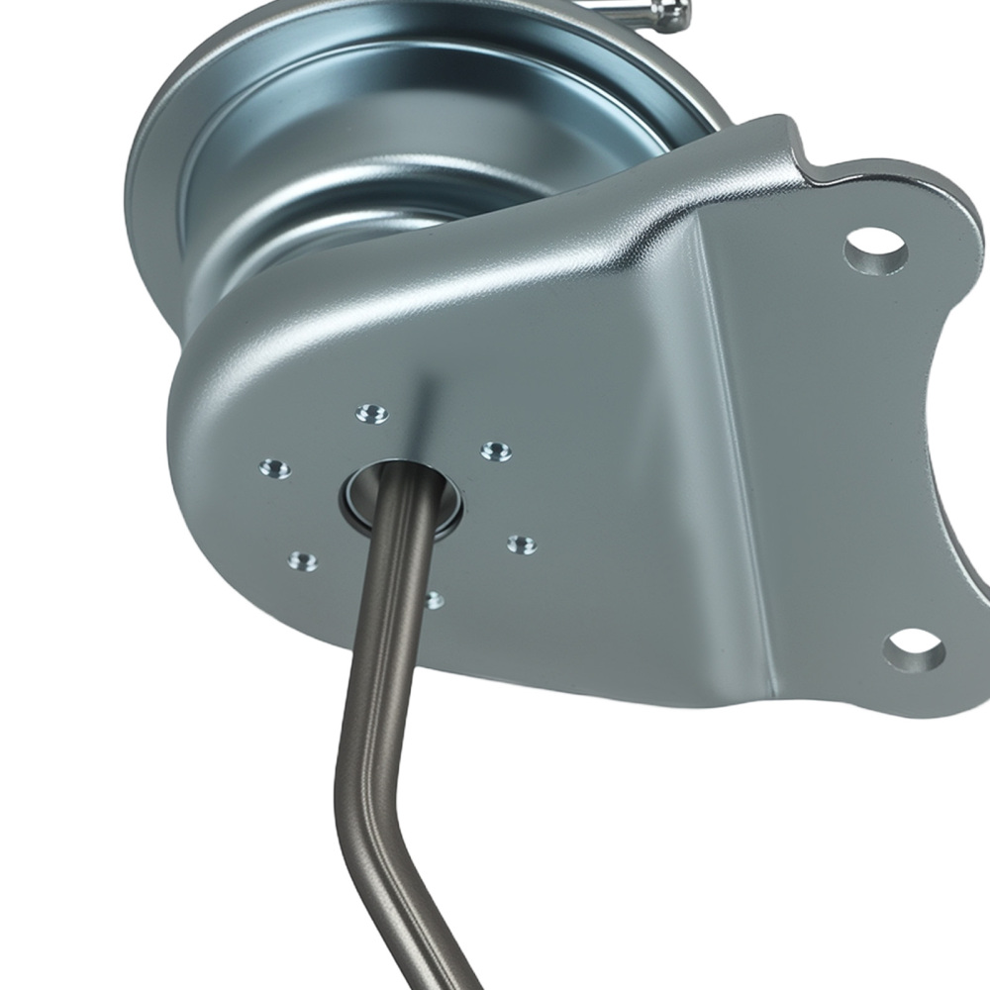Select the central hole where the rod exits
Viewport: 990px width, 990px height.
coord(401,491)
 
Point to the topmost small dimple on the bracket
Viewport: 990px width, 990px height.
coord(371,412)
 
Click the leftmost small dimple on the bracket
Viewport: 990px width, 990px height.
coord(271,468)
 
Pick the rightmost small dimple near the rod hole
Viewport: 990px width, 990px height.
coord(522,544)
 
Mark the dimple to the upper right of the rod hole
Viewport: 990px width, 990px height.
coord(496,451)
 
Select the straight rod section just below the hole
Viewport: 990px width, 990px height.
coord(391,594)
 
